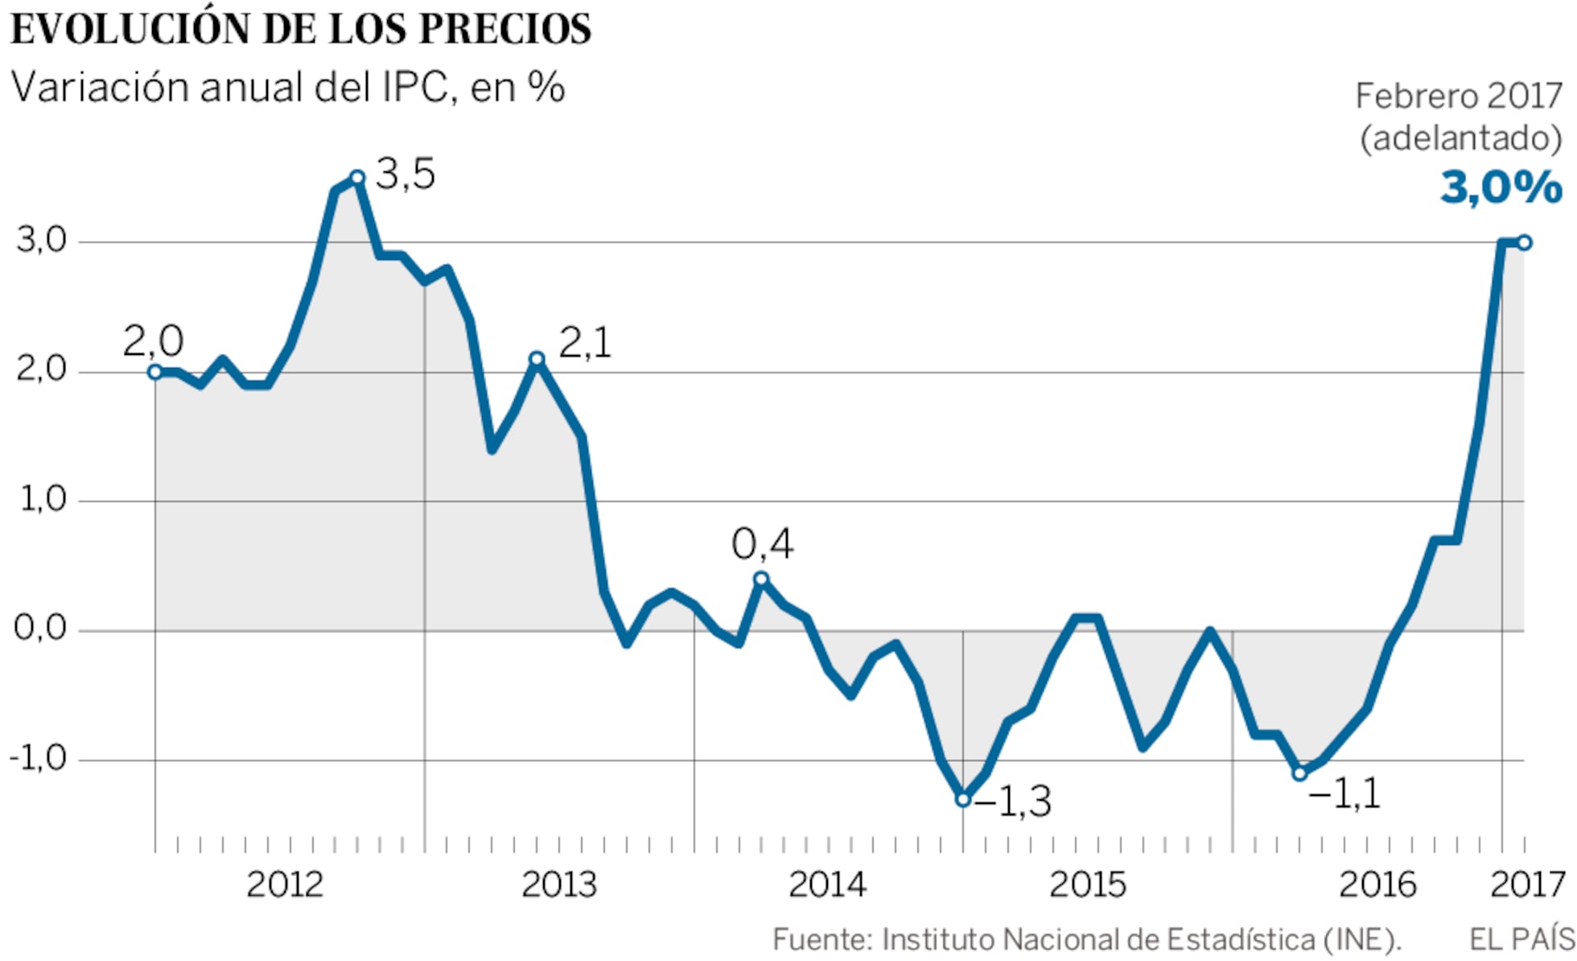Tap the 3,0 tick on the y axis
tap(41, 240)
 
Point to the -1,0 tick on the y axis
tap(38, 758)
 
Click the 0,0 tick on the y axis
tap(40, 628)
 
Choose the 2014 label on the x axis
tap(826, 885)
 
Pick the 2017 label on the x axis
tap(1527, 885)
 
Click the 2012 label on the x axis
tap(284, 885)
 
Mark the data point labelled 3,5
tap(358, 178)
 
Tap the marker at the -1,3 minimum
tap(963, 799)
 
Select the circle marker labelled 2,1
tap(537, 359)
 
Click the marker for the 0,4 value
tap(761, 579)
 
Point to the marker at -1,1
tap(1299, 773)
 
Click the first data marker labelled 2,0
tap(155, 372)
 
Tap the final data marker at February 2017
tap(1524, 242)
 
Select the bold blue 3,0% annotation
tap(1501, 188)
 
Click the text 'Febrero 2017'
tap(1458, 97)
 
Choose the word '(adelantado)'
tap(1460, 138)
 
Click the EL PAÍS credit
tap(1521, 939)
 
